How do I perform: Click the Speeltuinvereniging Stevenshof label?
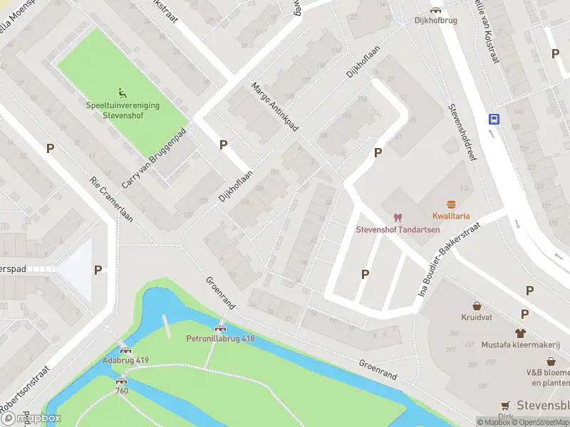(123, 109)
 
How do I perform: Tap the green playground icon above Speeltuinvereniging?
(123, 92)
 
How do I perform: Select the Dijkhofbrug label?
(435, 21)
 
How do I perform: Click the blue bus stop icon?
(493, 119)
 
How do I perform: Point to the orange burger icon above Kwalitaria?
(450, 204)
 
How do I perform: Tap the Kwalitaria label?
(450, 216)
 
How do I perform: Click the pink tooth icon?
(398, 217)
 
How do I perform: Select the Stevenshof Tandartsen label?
(398, 229)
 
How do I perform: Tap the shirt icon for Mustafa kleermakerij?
(520, 332)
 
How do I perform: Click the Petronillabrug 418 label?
(220, 339)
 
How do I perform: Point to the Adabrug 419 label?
(125, 361)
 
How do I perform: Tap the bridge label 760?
(122, 391)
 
